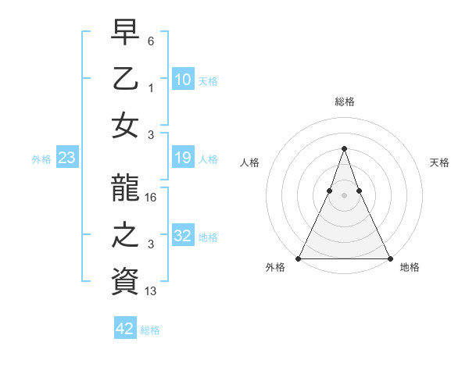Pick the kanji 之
point(125,235)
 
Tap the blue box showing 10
point(182,79)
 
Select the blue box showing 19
point(182,159)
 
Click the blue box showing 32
point(182,235)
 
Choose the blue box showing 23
point(66,159)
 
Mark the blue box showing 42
point(125,329)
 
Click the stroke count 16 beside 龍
point(152,198)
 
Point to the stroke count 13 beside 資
point(152,290)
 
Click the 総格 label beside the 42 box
point(150,330)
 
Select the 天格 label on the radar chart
point(439,162)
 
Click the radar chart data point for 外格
point(299,258)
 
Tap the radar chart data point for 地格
point(389,258)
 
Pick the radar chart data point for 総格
point(344,148)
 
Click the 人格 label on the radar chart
point(249,162)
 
